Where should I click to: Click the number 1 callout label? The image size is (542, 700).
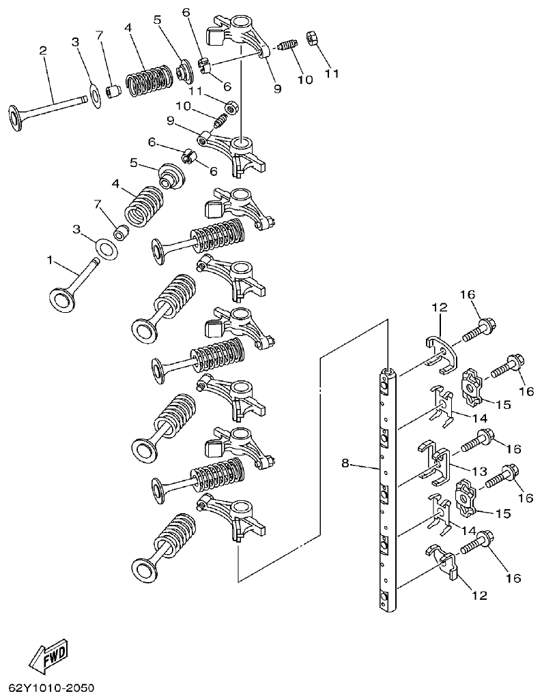[x=49, y=260]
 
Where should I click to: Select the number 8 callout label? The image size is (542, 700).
[x=345, y=463]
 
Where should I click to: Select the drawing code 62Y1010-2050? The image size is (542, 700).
[x=51, y=687]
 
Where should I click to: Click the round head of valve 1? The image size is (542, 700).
[x=63, y=299]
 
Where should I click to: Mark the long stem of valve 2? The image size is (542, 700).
[x=55, y=105]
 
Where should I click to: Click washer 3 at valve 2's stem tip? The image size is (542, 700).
[x=94, y=91]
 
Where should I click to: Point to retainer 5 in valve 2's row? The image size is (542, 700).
[x=183, y=71]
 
